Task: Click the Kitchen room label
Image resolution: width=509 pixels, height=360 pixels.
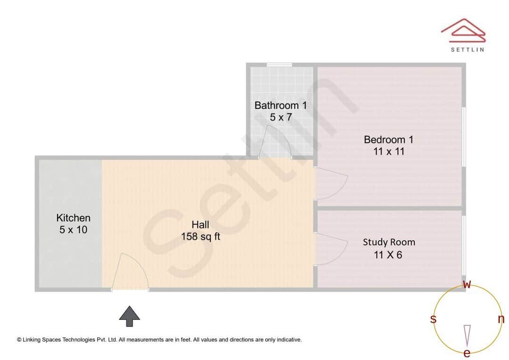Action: [73, 218]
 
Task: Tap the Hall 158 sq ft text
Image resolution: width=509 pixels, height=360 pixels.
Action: [200, 231]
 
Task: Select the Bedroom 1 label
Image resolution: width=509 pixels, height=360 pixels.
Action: [388, 139]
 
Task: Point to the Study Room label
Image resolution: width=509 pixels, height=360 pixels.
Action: [389, 242]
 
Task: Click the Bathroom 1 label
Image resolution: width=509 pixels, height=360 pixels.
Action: [280, 106]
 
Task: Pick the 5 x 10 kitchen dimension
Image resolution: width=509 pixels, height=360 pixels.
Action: [73, 230]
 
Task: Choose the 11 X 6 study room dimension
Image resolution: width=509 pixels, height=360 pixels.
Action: [388, 255]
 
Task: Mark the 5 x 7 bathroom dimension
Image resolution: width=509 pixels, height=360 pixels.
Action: [280, 117]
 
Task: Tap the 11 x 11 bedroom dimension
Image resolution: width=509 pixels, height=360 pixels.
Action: [388, 152]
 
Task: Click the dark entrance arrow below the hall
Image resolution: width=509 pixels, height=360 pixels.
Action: [129, 316]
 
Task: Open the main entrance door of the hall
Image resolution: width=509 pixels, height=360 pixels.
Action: [130, 272]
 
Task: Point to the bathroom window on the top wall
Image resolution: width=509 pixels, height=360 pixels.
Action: [279, 65]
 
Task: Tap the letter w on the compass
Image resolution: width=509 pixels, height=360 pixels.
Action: [467, 284]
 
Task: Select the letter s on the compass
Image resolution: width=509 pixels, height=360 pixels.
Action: [433, 319]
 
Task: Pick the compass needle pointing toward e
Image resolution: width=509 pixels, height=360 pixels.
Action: [467, 335]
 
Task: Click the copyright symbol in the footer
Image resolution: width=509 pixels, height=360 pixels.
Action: [19, 339]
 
